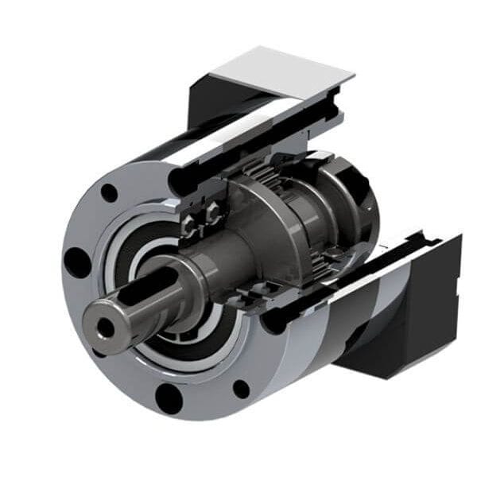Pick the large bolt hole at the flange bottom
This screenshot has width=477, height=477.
coord(169,395)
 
